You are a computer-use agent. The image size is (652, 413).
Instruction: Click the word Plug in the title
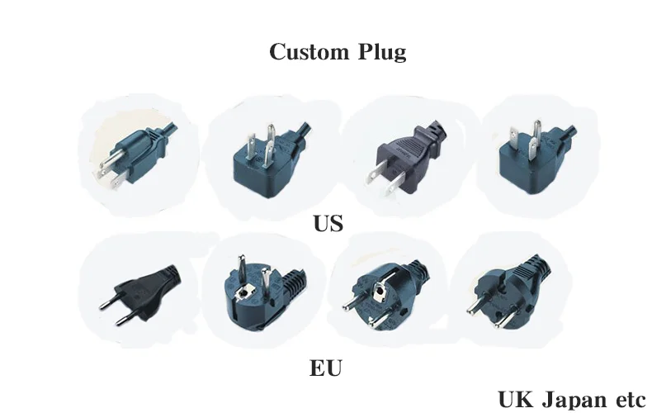tap(383, 53)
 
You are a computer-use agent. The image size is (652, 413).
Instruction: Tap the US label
tap(328, 223)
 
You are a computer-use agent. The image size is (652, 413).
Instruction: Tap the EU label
tap(326, 368)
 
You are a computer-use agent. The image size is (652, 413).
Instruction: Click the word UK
tap(516, 399)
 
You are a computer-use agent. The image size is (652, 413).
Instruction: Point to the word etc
tap(629, 400)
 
